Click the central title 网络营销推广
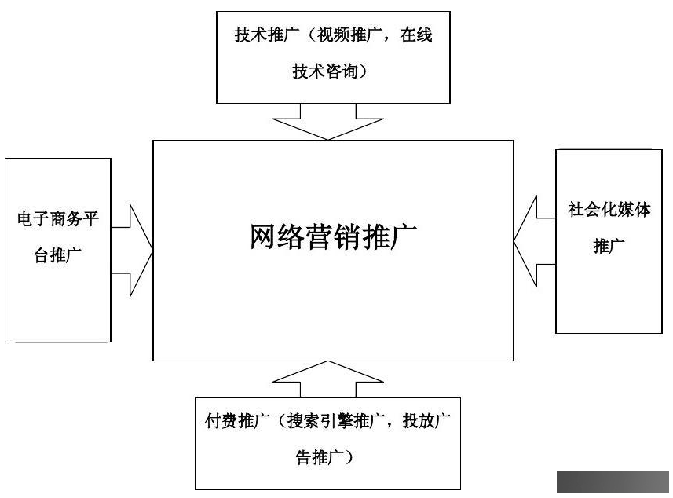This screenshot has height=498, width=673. pos(333,236)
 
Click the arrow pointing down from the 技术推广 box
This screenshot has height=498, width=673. pos(328,123)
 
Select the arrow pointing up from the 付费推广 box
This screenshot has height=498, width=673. pos(328,379)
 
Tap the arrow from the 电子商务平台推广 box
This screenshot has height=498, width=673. pos(132,251)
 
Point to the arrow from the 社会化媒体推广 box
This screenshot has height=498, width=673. pos(534,241)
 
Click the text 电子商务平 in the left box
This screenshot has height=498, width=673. pos(58,218)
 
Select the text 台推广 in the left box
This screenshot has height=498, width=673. pos(58,255)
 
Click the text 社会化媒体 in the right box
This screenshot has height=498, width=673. pos(609,210)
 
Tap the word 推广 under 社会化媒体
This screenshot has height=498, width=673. pos(609,246)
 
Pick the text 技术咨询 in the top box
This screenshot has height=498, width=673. pos(325,71)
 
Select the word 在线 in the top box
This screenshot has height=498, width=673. pos(416,35)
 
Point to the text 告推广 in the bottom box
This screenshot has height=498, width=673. pos(320,458)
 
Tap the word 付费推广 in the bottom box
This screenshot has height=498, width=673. pos(237,421)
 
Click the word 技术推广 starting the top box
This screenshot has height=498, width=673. pos(267,35)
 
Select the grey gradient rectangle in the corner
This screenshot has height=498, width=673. pos(613,482)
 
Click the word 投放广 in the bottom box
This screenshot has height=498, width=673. pos(426,421)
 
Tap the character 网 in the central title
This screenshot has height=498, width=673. pos(262,236)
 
